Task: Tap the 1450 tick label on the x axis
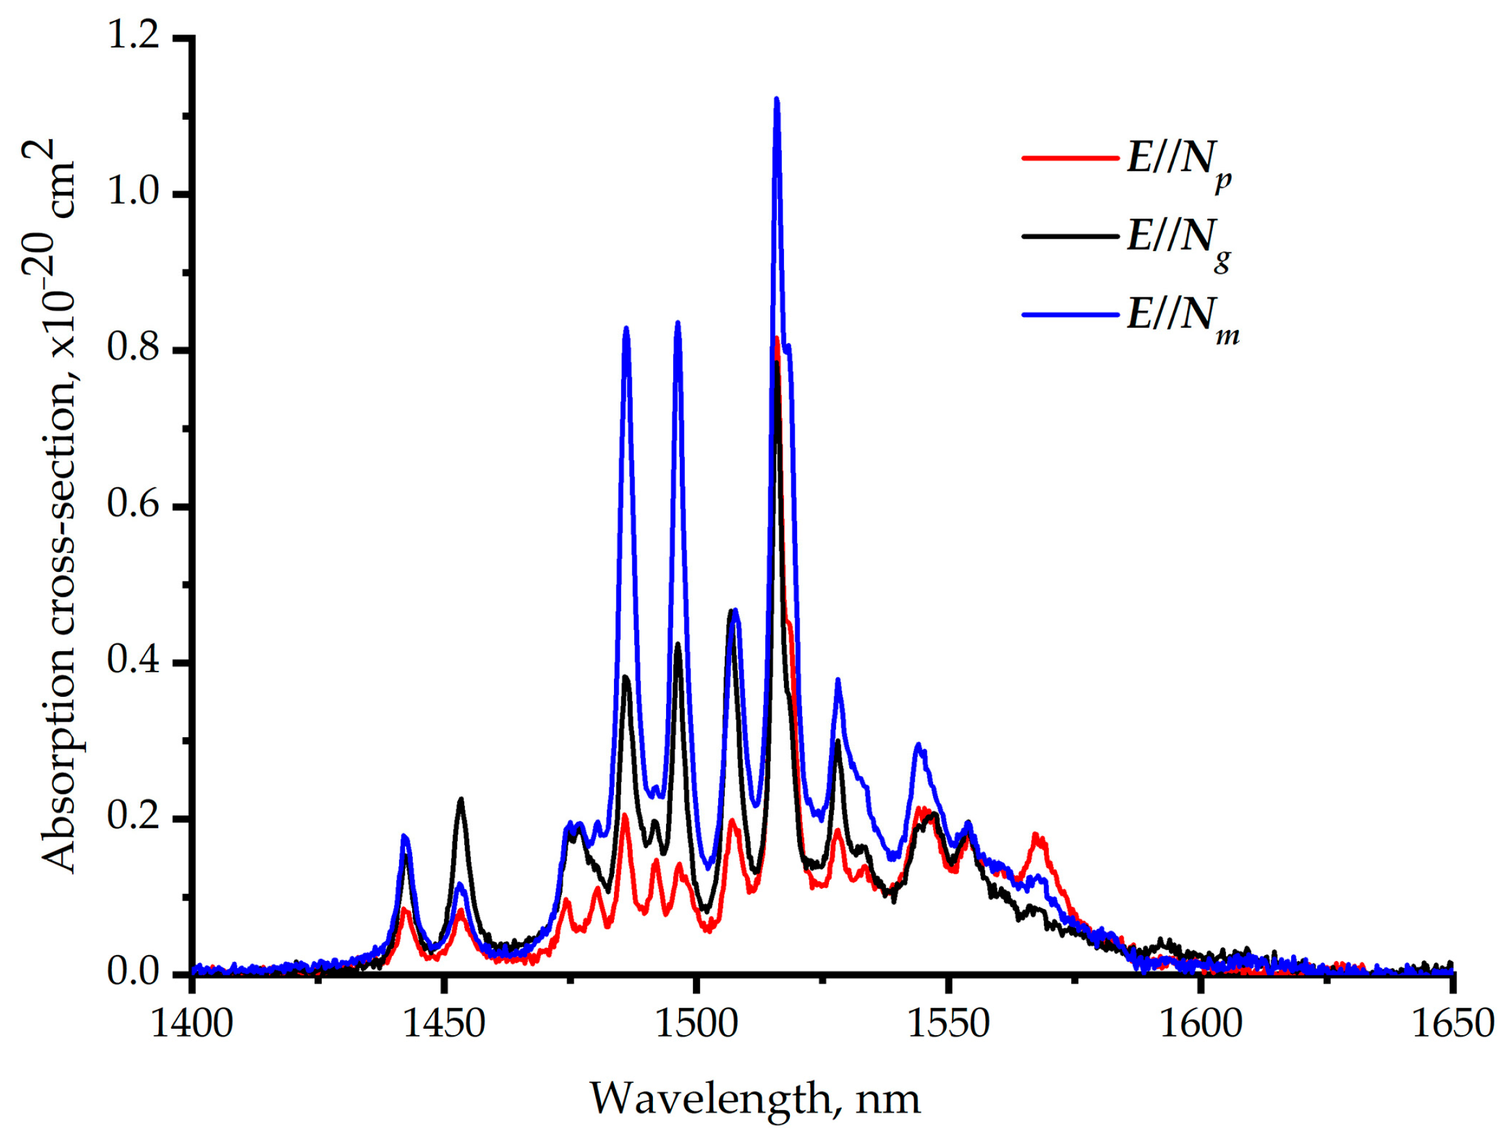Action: click(444, 1024)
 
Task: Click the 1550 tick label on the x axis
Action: click(948, 1024)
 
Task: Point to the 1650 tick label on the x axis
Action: click(1452, 1024)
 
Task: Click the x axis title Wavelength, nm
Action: click(755, 1098)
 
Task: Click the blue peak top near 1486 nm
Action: click(626, 329)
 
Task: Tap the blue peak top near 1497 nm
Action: click(678, 323)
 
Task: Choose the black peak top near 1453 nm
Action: click(461, 799)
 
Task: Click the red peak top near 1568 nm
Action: click(1035, 835)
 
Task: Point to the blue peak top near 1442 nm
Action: click(404, 836)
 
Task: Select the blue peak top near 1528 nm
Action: click(838, 680)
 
